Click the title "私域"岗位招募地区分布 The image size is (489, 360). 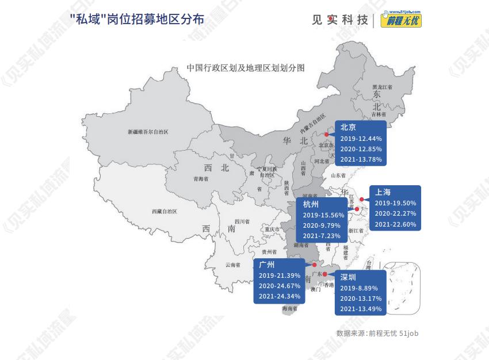[x=136, y=19]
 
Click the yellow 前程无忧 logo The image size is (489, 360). [x=401, y=20]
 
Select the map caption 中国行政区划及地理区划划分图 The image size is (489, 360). [x=246, y=68]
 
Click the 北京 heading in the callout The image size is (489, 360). [x=348, y=128]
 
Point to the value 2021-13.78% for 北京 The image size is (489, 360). [x=361, y=159]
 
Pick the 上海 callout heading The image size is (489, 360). [x=383, y=192]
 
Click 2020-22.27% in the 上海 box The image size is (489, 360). [x=395, y=213]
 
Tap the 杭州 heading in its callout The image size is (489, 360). [x=311, y=204]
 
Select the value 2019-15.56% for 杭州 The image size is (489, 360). [x=323, y=215]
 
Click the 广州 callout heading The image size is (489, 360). [x=267, y=265]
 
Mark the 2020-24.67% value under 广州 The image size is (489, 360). [x=280, y=286]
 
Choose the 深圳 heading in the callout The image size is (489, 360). [x=348, y=277]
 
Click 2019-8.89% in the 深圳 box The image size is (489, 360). [x=358, y=288]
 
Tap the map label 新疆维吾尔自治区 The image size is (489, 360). [x=148, y=132]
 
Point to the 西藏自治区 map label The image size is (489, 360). [x=165, y=211]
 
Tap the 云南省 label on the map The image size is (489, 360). [x=232, y=265]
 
